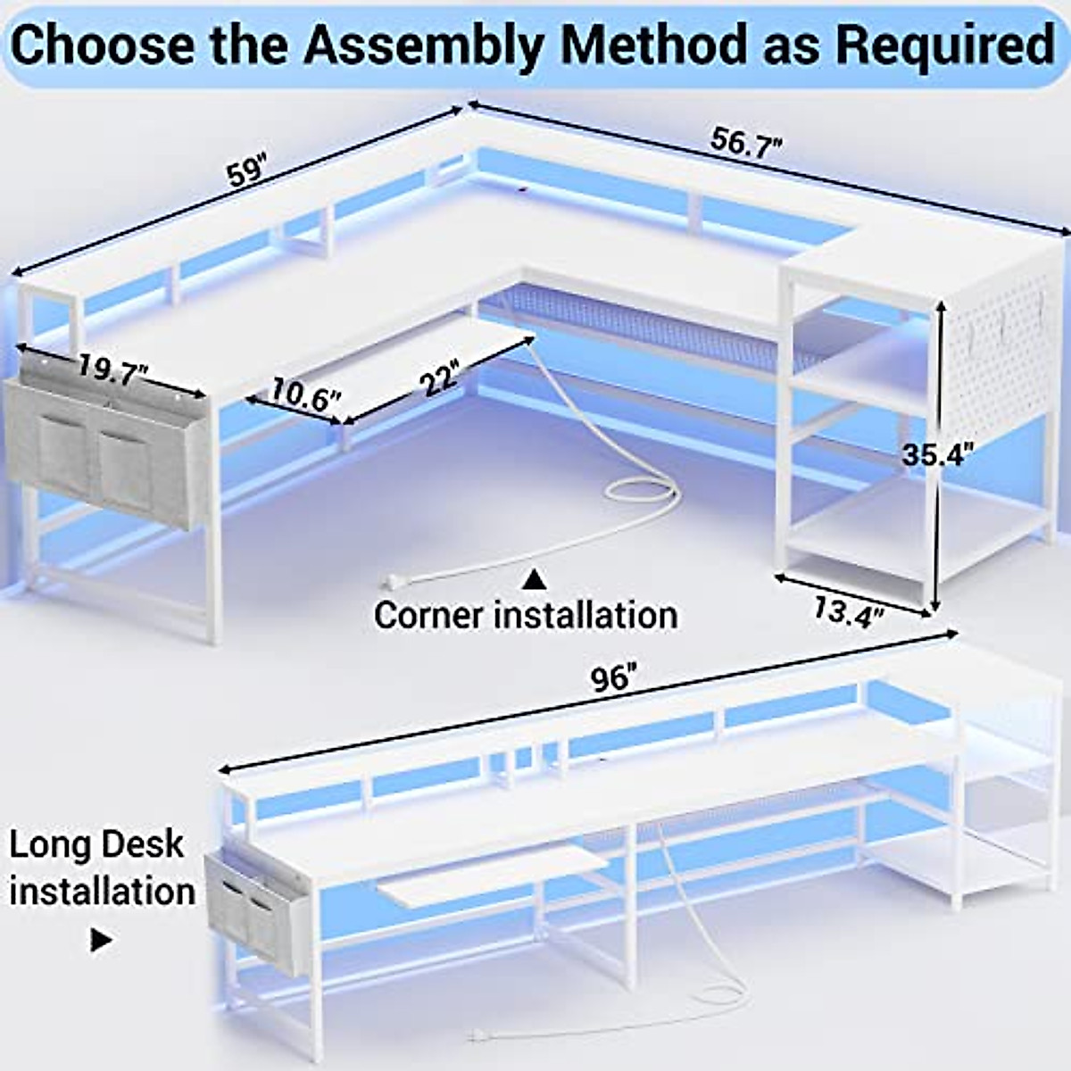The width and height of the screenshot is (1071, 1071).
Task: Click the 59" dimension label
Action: pos(247,169)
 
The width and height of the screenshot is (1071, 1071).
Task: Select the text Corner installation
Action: pos(526,616)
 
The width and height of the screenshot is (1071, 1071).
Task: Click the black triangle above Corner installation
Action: pos(534,580)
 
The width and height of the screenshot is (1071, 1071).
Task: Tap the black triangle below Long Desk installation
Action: pos(101,941)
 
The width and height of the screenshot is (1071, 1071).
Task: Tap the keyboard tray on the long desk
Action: pos(491,876)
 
